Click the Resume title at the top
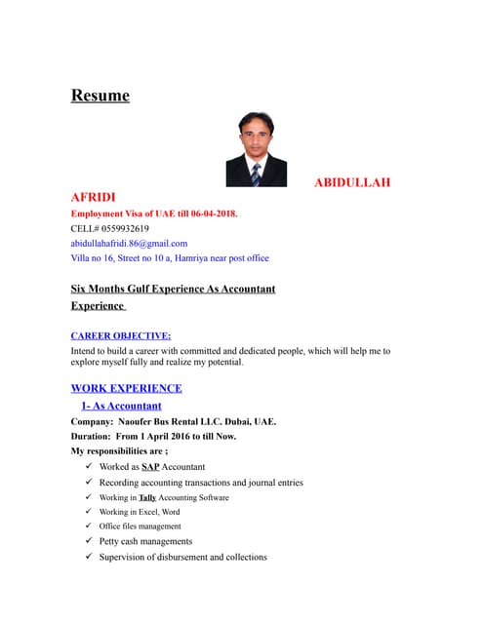pos(100,96)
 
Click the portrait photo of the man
pos(256,148)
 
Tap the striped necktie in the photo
pos(256,174)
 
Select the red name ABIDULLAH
pos(358,182)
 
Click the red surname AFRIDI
pos(93,197)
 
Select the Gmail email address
pos(129,243)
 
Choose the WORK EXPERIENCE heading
pos(126,388)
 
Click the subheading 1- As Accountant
pos(122,406)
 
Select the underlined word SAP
pos(150,467)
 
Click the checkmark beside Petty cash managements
pos(89,541)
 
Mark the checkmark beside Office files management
pos(89,526)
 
